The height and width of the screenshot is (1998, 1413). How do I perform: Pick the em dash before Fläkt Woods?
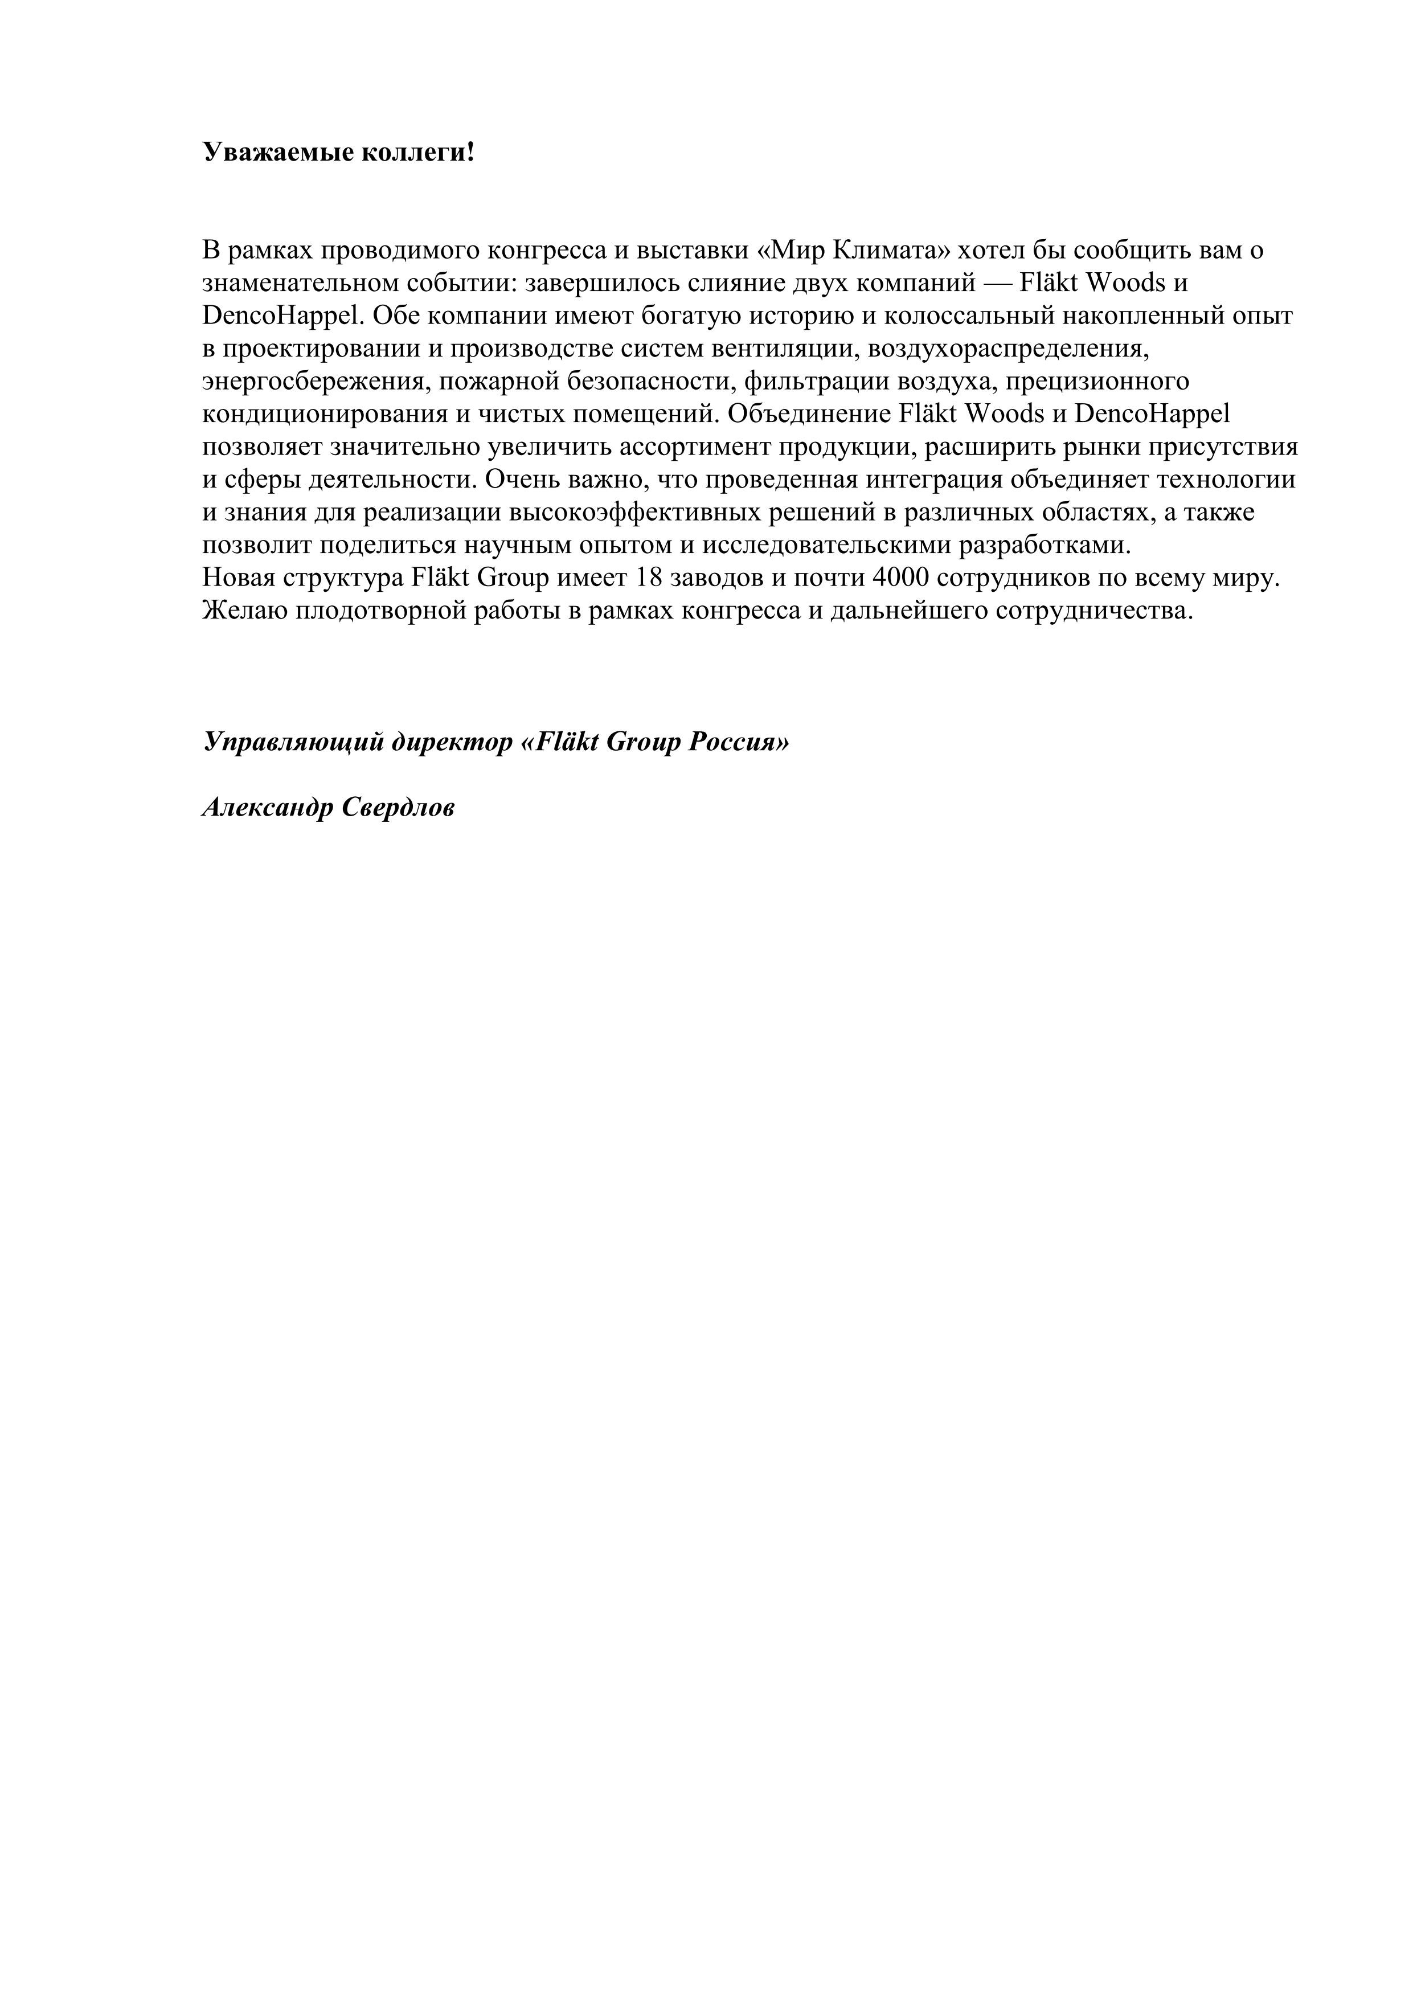point(1001,284)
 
